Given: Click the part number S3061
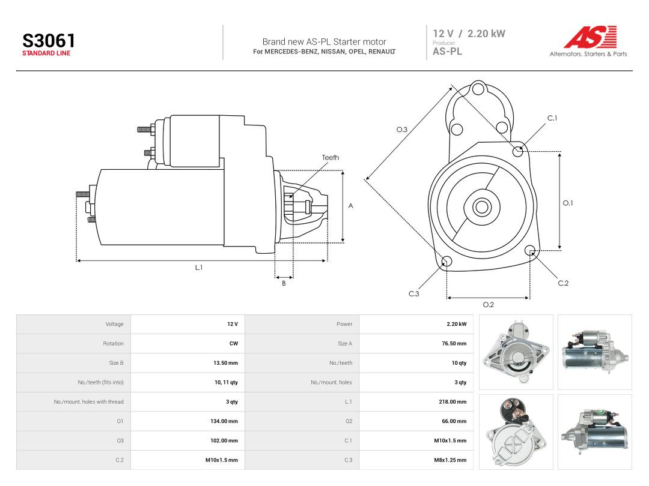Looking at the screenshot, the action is coord(49,41).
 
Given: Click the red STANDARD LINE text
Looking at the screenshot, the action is coord(46,53).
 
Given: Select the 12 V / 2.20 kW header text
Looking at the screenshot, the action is coord(469,34).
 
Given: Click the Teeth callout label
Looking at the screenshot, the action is coord(331,157).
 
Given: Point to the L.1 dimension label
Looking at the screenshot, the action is coord(199,268).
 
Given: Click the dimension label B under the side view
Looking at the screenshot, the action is coord(284,283).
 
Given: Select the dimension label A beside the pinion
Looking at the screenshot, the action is coord(350,206).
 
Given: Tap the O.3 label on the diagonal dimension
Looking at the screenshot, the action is coord(402,130).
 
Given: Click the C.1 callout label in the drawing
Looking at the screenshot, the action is coord(553,118).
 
